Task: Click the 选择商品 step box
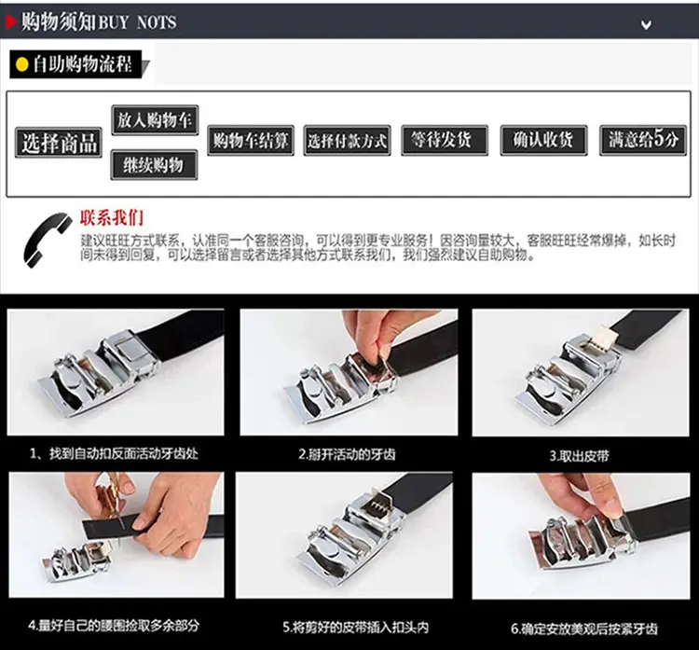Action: [59, 143]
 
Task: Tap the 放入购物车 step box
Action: [155, 120]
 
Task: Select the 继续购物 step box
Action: [154, 165]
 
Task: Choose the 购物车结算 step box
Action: [251, 141]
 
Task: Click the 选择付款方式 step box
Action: [348, 141]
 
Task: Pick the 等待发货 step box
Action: [445, 140]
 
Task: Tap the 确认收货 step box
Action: [543, 140]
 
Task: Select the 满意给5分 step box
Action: [643, 140]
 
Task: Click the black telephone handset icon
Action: [47, 240]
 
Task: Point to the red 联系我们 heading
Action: [112, 217]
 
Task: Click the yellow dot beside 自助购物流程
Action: [21, 64]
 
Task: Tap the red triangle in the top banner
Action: [11, 21]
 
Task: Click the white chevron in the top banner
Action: [646, 24]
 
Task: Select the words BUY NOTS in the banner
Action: [137, 22]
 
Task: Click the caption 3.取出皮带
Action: [579, 456]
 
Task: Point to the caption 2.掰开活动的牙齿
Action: [347, 454]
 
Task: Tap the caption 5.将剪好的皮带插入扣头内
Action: [356, 628]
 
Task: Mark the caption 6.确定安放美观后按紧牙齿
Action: [584, 629]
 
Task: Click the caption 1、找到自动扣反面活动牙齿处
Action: [114, 454]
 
